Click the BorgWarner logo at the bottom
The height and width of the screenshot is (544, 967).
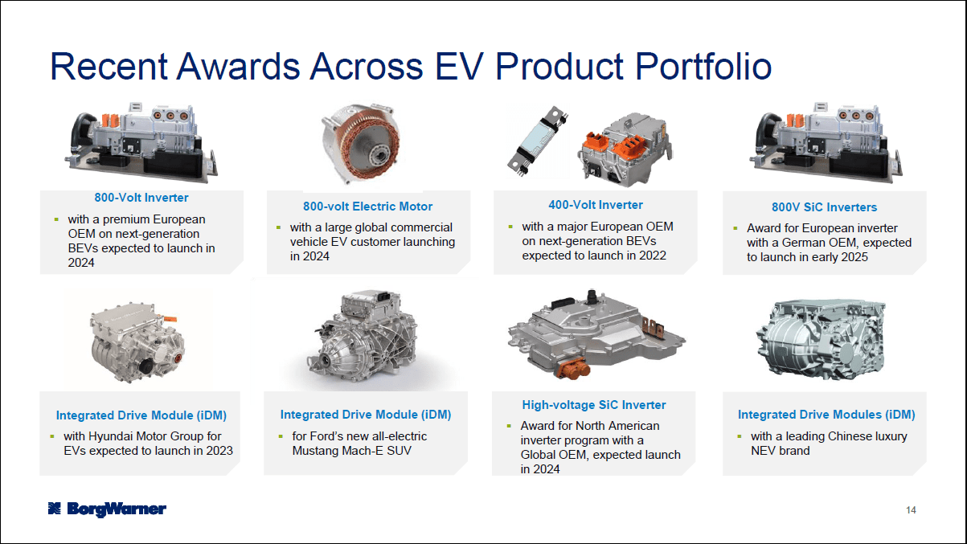[x=106, y=508]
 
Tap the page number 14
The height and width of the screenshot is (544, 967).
[x=911, y=510]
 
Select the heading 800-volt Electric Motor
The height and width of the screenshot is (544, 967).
[x=367, y=207]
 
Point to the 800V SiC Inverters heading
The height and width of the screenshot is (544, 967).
[x=824, y=207]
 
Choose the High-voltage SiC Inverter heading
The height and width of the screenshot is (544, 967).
[x=594, y=405]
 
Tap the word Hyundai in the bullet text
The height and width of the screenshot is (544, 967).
[x=120, y=436]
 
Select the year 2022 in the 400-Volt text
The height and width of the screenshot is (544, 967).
[x=652, y=256]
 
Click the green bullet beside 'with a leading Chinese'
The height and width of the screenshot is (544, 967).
[x=740, y=436]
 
